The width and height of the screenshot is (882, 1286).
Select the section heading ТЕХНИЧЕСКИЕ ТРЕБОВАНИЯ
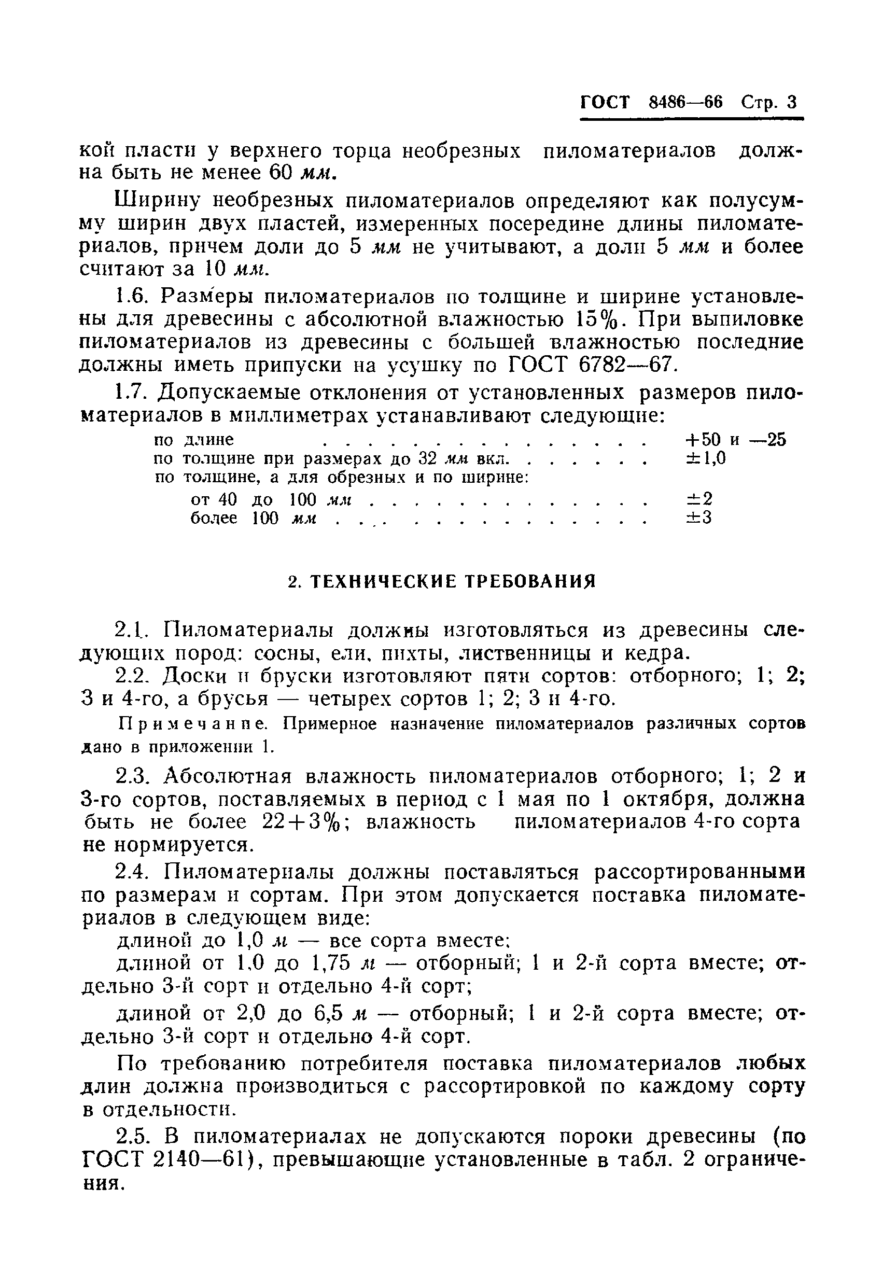click(x=452, y=582)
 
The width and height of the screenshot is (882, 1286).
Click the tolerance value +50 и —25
click(x=735, y=440)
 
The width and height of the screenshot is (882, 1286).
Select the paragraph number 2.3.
click(x=133, y=777)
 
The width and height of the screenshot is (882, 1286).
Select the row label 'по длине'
click(x=193, y=440)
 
